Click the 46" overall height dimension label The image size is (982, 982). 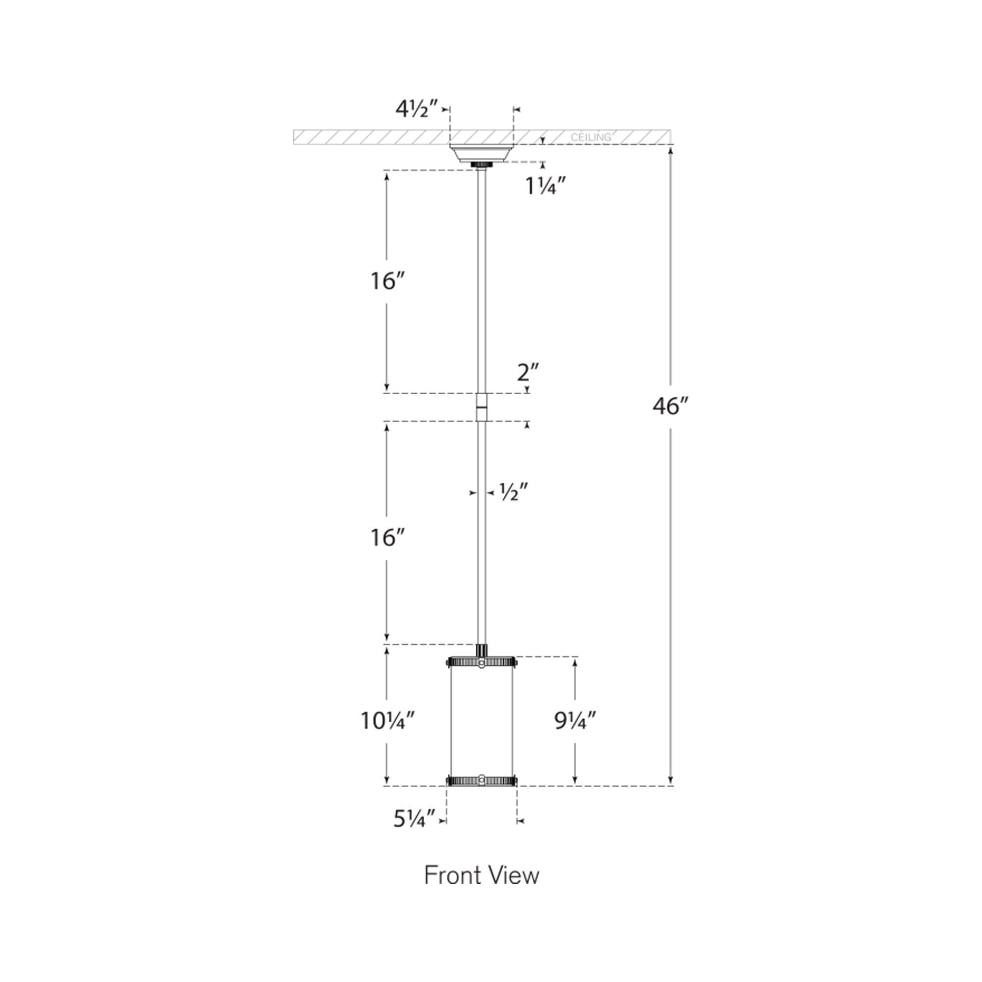pos(671,406)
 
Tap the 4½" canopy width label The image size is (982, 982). pos(417,109)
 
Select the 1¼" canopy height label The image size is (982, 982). pos(546,187)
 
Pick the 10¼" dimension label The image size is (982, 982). pos(388,720)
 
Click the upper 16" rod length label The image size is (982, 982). pos(387,281)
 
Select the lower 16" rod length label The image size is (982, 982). pos(387,538)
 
